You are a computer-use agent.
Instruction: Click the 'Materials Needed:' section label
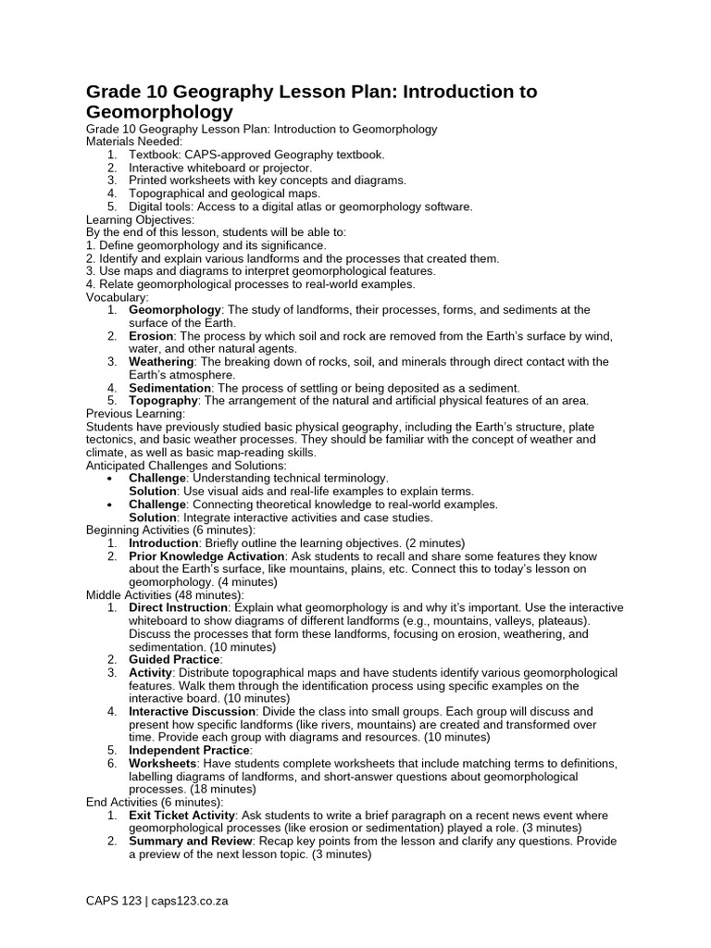coord(134,142)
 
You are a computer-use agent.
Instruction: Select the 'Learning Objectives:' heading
coord(140,219)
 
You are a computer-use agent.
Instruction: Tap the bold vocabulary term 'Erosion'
coord(152,336)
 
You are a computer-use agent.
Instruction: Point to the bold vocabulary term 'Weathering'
coord(161,362)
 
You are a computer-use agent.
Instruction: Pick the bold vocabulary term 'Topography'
coord(163,401)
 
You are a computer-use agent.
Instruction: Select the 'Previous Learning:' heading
coord(135,414)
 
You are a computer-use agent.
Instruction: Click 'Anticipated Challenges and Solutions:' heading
coord(186,465)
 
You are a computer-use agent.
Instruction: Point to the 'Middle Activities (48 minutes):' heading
coord(165,594)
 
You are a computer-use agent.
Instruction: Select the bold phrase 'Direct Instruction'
coord(178,607)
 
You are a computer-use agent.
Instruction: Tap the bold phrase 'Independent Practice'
coord(189,750)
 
